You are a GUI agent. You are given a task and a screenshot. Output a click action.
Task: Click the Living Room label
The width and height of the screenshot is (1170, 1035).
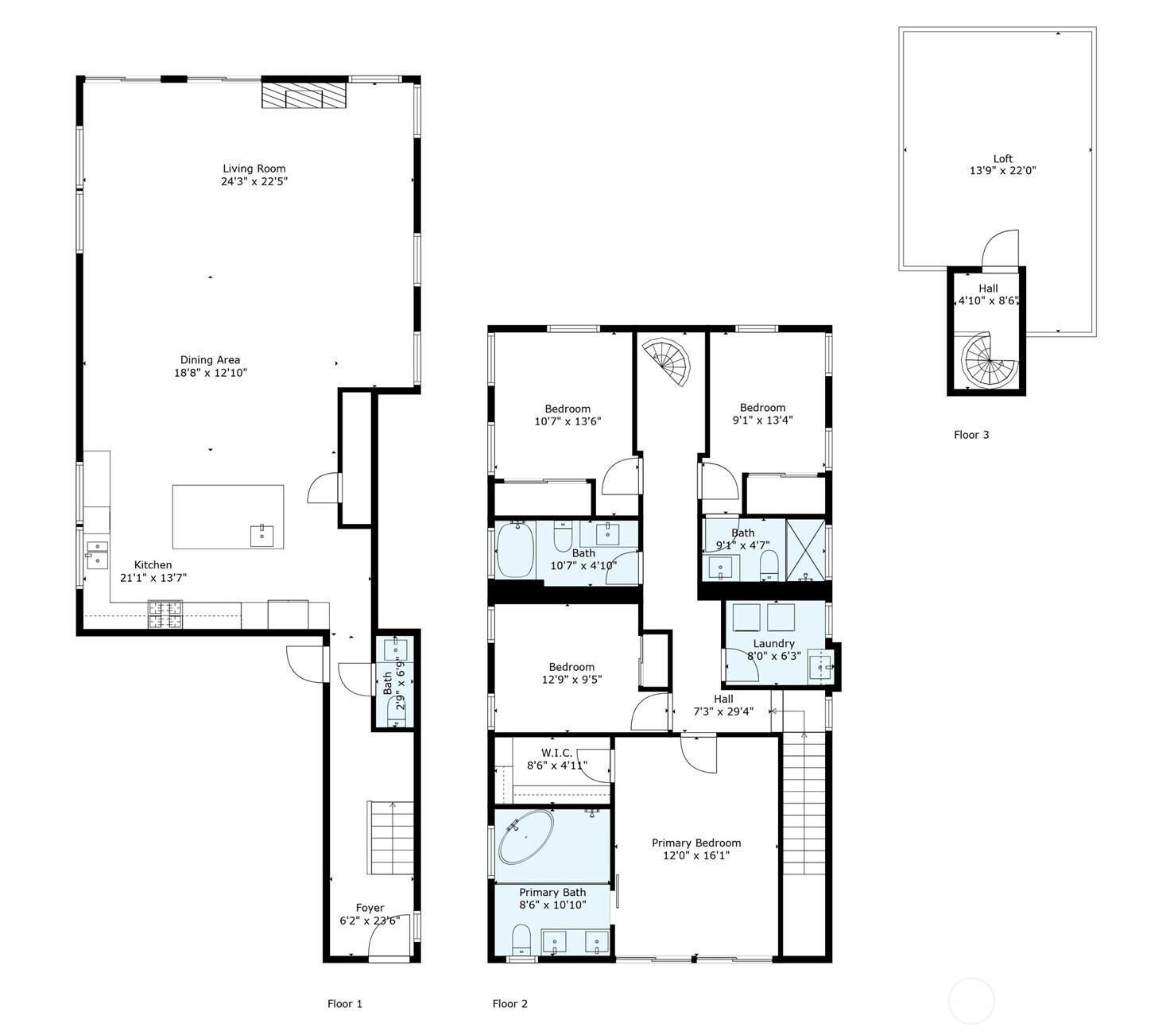254,169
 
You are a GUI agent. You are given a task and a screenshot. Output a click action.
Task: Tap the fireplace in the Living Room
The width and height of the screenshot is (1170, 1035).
304,95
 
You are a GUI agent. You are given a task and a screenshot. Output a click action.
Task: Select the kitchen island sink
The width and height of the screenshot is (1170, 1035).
262,536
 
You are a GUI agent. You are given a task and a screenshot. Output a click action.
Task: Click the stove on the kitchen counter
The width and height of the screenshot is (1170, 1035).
165,614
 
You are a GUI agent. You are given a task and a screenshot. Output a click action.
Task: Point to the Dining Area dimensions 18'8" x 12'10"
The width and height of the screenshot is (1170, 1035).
211,373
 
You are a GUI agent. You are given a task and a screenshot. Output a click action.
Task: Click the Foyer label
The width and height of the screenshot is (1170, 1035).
370,908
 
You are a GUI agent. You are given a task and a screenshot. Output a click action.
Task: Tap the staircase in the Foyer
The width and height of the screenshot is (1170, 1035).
390,838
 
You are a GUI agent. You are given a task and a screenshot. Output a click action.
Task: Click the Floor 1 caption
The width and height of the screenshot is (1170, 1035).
345,1004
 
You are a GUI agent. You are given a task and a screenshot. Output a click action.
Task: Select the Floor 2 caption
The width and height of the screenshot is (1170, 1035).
510,1004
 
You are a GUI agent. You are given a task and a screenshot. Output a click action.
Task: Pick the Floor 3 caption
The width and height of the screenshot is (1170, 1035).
971,435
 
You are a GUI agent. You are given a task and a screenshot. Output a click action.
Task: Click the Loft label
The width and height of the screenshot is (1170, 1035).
1003,159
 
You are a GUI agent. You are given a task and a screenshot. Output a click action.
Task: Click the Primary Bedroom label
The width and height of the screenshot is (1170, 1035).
696,843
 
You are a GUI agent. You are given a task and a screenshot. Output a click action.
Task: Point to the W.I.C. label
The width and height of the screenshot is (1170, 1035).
556,753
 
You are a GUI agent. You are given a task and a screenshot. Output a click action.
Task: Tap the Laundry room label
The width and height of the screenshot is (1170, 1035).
774,643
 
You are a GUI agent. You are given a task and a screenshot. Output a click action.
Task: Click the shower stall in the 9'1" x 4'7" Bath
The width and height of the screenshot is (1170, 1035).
805,550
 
